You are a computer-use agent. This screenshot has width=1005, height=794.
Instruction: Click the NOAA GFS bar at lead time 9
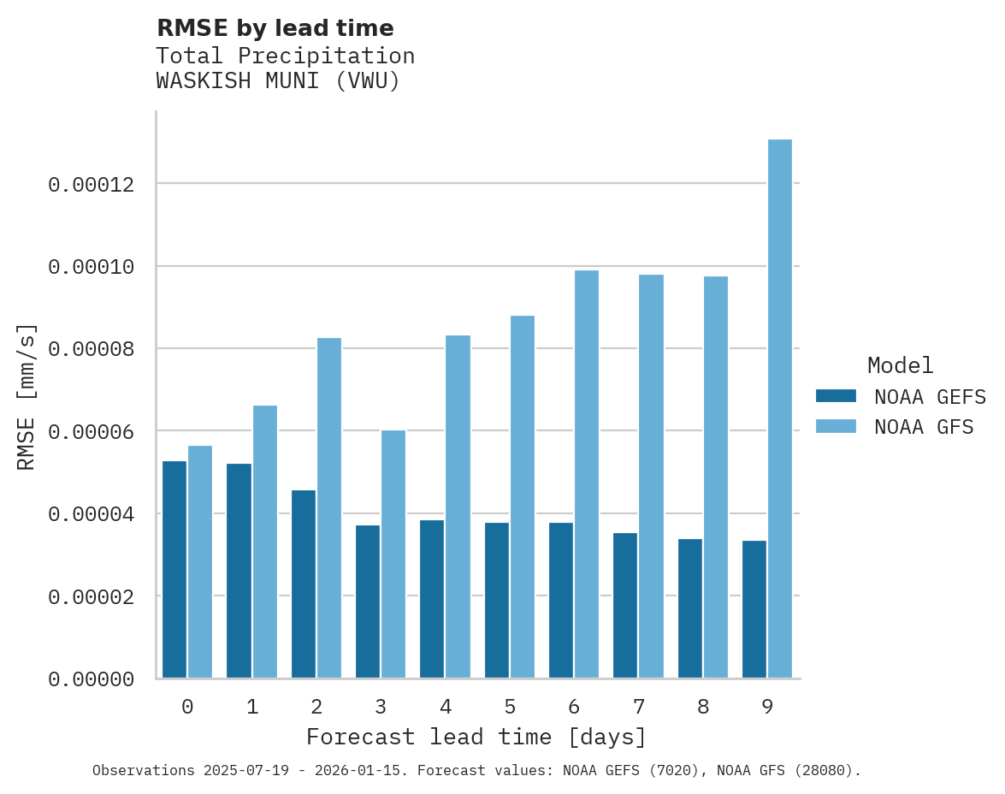click(x=780, y=409)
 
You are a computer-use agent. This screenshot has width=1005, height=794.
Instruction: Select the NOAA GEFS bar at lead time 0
click(x=174, y=570)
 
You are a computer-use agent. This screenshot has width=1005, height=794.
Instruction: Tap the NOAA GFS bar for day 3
click(x=393, y=554)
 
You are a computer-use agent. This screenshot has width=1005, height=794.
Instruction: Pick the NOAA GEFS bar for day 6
click(x=561, y=601)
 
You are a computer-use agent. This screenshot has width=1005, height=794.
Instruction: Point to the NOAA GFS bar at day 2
click(x=329, y=508)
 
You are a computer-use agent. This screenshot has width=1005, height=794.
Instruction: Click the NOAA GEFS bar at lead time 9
click(x=754, y=609)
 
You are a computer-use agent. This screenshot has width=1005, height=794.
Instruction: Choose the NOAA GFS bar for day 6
click(x=587, y=474)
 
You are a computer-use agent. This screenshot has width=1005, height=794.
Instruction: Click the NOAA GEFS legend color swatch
click(x=836, y=396)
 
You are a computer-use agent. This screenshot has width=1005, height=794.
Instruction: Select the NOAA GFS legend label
click(x=924, y=426)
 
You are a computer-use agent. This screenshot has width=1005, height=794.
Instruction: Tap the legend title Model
click(x=900, y=365)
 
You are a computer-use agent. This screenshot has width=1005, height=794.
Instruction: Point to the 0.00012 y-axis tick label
click(x=91, y=185)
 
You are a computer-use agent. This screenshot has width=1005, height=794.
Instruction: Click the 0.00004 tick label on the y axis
click(x=91, y=514)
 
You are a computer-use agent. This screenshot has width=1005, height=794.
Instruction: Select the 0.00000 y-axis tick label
click(x=91, y=679)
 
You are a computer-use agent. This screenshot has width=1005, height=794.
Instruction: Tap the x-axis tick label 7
click(x=638, y=707)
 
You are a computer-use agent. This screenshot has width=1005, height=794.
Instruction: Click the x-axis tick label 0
click(x=187, y=707)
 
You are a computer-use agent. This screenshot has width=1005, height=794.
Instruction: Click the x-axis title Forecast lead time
click(x=476, y=737)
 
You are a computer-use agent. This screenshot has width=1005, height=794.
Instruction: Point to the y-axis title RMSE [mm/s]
click(x=27, y=396)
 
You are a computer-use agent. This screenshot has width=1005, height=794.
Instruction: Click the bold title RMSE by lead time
click(x=275, y=28)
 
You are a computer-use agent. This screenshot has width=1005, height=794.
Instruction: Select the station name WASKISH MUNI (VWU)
click(x=278, y=81)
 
